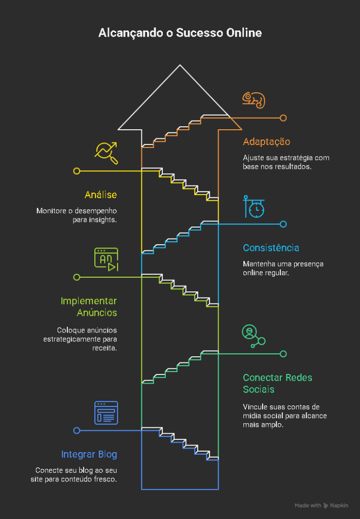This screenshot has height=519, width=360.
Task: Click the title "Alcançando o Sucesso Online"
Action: click(x=180, y=33)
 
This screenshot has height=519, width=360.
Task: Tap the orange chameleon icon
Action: click(x=254, y=100)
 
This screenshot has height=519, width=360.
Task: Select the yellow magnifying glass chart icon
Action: click(x=106, y=153)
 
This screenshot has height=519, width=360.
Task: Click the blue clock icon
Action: click(x=254, y=207)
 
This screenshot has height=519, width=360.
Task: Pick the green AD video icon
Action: click(x=106, y=259)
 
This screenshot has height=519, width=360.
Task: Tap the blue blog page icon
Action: click(x=106, y=413)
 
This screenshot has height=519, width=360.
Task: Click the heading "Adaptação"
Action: click(x=267, y=142)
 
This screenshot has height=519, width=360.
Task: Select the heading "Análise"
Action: click(x=101, y=195)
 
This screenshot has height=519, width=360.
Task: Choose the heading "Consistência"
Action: click(x=271, y=248)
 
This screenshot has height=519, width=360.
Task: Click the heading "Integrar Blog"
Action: click(x=89, y=455)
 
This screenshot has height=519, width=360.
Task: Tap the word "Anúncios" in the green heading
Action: click(x=97, y=312)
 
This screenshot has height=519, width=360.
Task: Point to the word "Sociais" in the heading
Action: click(x=259, y=389)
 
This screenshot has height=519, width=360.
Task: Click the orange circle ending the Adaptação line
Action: click(x=283, y=118)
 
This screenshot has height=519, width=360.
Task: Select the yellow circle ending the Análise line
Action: click(x=77, y=171)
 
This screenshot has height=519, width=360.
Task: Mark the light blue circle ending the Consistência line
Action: click(x=283, y=224)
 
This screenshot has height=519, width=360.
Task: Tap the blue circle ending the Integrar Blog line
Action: click(x=77, y=431)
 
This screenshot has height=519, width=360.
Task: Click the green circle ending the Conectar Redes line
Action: click(x=283, y=354)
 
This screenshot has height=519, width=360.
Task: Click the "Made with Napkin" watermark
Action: click(x=321, y=505)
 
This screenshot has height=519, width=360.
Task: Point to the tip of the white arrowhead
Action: click(x=180, y=65)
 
